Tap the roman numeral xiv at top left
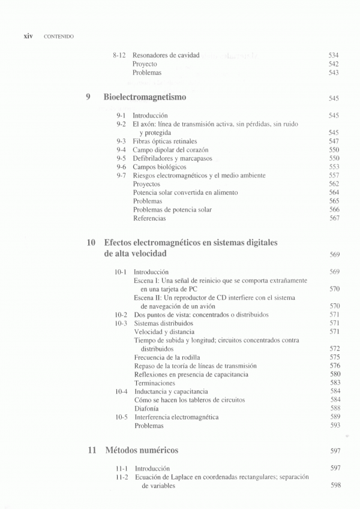tap(28, 36)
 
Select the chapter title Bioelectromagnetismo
tap(145, 97)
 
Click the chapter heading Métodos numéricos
tap(142, 450)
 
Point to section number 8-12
tap(119, 55)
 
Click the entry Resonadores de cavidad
tap(166, 55)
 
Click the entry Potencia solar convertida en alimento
tap(185, 192)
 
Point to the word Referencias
tap(149, 218)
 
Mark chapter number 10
tap(91, 243)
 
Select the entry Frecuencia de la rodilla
tap(166, 357)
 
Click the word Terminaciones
tap(155, 382)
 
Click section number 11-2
tap(122, 477)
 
